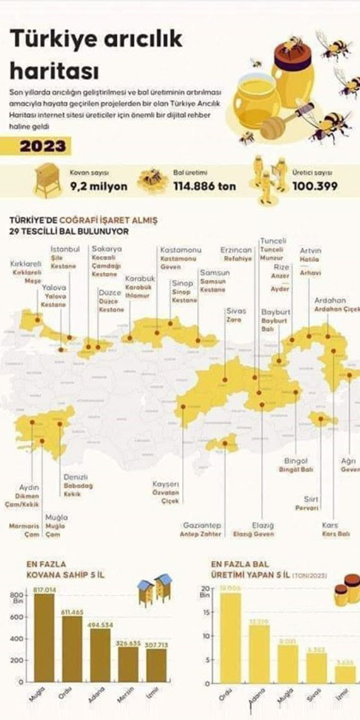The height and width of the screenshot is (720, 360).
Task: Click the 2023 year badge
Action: [x=42, y=147]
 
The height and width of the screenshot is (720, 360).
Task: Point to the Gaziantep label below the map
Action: [x=202, y=525]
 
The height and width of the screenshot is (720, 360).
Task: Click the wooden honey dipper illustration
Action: [x=284, y=123]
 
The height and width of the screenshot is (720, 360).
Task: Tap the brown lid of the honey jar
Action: [x=292, y=51]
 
